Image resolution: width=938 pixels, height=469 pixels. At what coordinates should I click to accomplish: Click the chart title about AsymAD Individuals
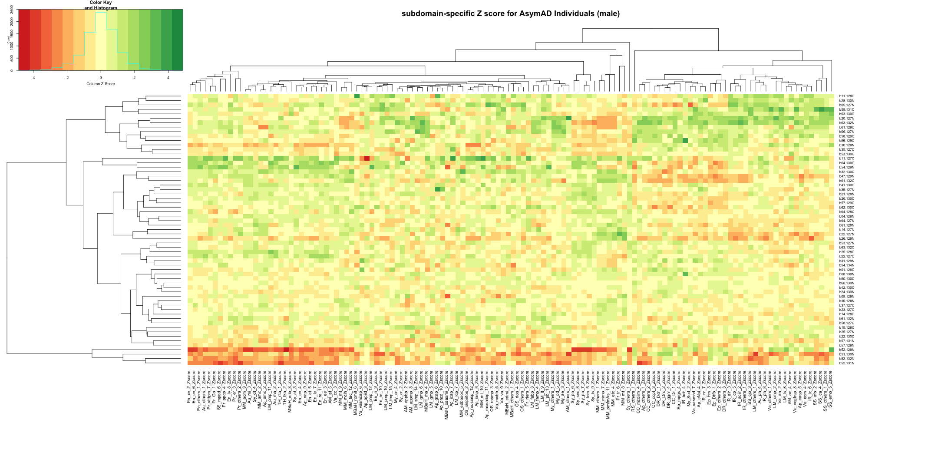(x=510, y=13)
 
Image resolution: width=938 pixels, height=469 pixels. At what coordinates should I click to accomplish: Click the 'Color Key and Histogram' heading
(x=101, y=5)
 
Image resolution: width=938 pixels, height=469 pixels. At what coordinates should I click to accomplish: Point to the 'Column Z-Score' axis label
(x=101, y=84)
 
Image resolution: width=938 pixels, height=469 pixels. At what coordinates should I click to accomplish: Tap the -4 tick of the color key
(x=33, y=78)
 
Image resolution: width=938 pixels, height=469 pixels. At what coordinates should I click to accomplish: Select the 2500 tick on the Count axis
(x=12, y=10)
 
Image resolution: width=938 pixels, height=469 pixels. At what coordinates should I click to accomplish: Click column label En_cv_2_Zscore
(x=189, y=387)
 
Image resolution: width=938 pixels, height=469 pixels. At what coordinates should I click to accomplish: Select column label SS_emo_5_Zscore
(x=831, y=387)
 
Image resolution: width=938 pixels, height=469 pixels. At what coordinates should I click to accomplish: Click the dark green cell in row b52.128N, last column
(x=831, y=350)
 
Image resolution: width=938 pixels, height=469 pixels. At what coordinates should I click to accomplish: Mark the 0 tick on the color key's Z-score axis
(x=101, y=78)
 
